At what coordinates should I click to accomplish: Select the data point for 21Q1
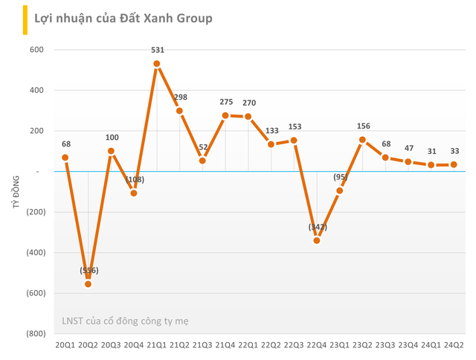(157, 64)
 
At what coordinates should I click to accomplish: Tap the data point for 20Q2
(89, 284)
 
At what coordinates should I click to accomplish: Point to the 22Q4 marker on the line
(317, 240)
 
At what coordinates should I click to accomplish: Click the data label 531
(157, 51)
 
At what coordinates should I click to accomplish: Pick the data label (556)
(89, 270)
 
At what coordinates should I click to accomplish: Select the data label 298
(180, 97)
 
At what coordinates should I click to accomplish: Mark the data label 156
(363, 126)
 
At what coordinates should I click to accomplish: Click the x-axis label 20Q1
(65, 345)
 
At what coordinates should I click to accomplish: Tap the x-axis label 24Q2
(454, 345)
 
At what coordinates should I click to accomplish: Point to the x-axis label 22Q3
(294, 345)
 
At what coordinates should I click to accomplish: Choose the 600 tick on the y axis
(37, 50)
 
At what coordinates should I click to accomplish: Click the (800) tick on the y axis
(34, 333)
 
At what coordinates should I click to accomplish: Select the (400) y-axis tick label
(34, 252)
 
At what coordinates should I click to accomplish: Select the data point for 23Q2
(363, 140)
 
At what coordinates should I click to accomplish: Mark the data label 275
(225, 102)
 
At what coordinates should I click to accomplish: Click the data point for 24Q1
(431, 164)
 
